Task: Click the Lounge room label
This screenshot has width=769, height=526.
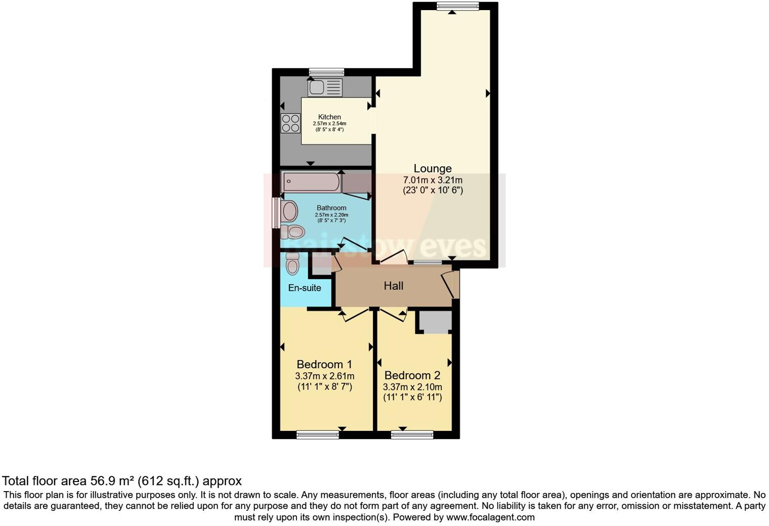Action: pos(433,168)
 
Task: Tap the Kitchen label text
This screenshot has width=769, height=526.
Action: pos(329,117)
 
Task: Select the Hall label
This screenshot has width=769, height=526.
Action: pos(394,286)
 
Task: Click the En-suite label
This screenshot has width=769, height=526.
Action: pos(305,288)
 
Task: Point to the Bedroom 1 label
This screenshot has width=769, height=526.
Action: pos(324,364)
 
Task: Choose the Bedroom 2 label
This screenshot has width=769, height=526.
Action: pos(412,375)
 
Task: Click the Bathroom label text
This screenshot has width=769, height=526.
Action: pos(331,208)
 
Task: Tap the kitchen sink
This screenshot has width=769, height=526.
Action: pos(325,87)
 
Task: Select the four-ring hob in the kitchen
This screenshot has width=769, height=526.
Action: pos(290,123)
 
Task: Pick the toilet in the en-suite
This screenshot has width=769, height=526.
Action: pos(292,263)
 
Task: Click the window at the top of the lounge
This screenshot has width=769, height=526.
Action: pos(458,6)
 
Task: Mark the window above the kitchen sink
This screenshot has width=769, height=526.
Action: pos(326,72)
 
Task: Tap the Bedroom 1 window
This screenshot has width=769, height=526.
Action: pos(318,434)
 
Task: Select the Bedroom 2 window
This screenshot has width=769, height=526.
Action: pos(412,434)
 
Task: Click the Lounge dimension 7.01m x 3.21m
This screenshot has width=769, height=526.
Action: pos(433,180)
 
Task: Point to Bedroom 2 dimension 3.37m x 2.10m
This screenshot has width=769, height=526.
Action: pos(412,387)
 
